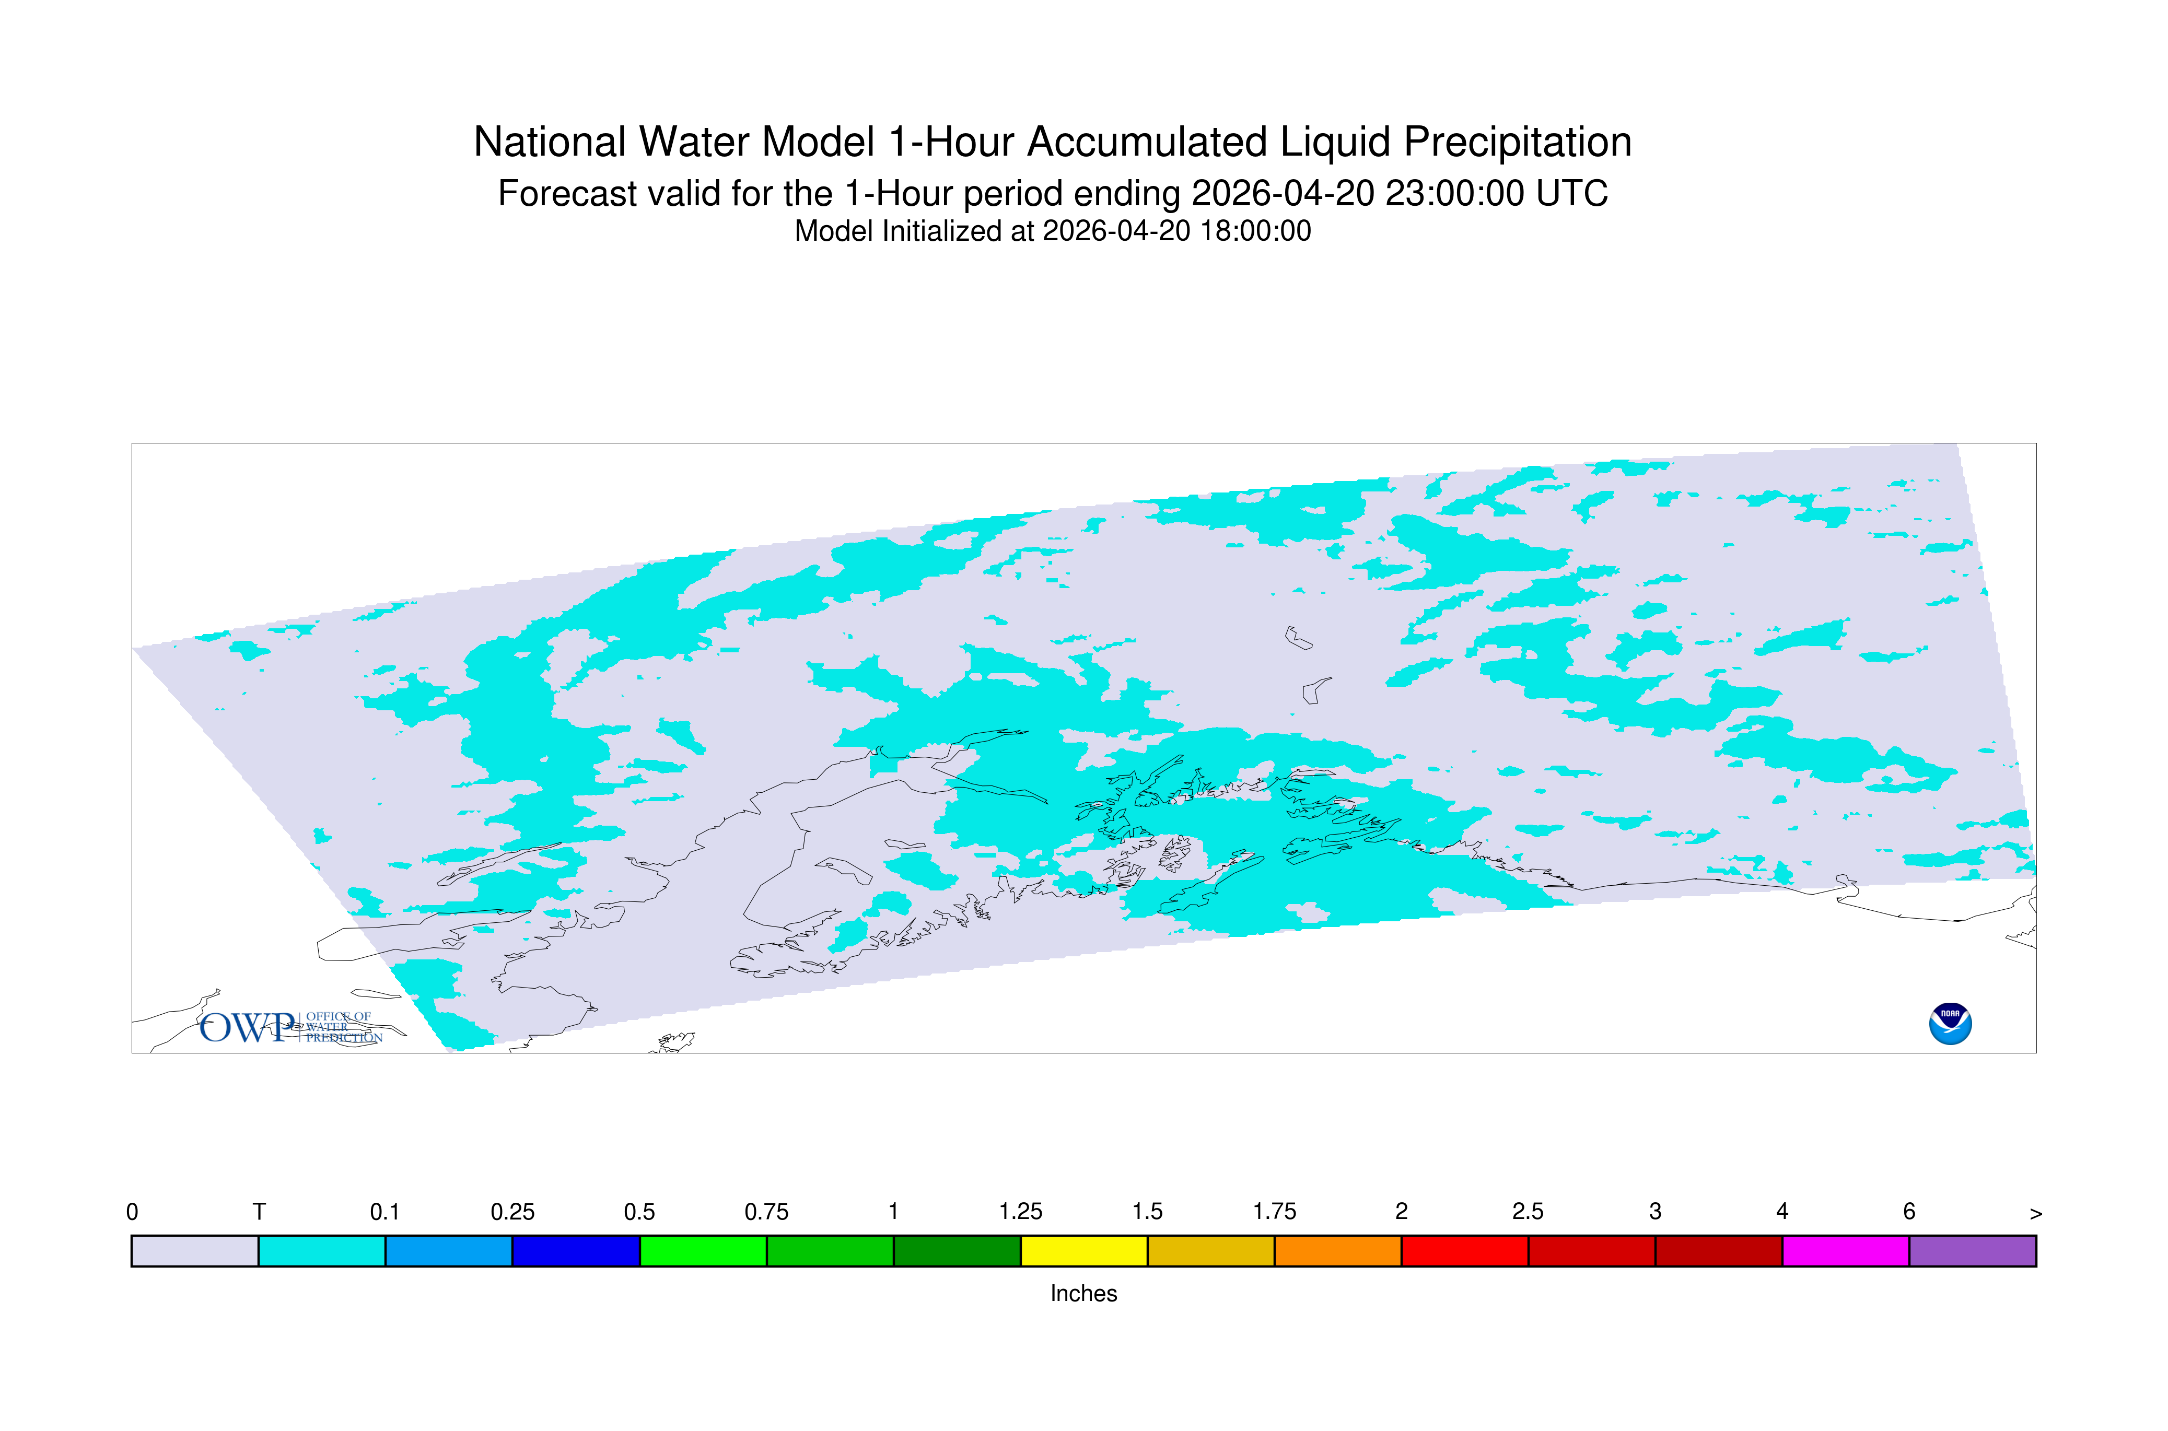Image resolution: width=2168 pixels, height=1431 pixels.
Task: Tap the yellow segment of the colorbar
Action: tap(1083, 1251)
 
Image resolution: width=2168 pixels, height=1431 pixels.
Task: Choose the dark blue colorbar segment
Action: tap(576, 1251)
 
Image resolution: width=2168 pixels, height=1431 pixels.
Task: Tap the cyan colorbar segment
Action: tap(322, 1251)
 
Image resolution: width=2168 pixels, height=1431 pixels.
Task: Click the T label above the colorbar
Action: tap(259, 1212)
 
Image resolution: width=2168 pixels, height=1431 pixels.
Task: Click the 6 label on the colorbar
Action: tap(1909, 1212)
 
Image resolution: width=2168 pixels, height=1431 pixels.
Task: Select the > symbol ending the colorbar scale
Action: tap(2036, 1214)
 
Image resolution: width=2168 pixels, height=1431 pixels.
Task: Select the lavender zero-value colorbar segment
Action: tap(195, 1251)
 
